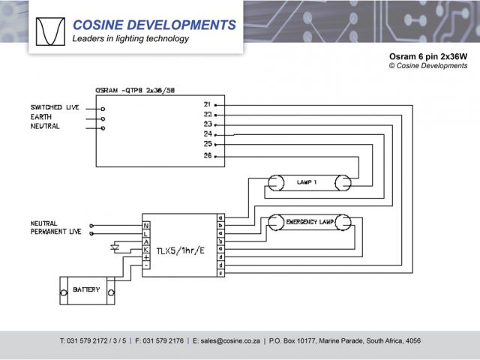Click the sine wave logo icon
coord(50,31)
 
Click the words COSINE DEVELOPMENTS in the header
coord(154,25)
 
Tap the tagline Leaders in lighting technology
coord(130,39)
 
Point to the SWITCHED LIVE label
coord(56,108)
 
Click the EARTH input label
coord(41,117)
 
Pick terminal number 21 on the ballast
coord(207,103)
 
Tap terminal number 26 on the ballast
coord(207,155)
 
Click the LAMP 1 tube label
coord(307,182)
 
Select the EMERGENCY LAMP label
coord(310,223)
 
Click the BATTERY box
coord(86,289)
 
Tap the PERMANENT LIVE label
coord(56,232)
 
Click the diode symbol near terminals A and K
coord(115,245)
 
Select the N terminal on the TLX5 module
coord(146,225)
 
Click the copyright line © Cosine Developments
coord(428,66)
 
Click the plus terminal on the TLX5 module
coord(146,257)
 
